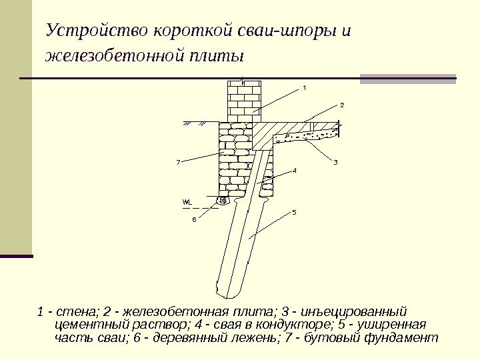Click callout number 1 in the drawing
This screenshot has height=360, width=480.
pyautogui.click(x=304, y=87)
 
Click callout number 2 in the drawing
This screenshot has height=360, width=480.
pyautogui.click(x=342, y=105)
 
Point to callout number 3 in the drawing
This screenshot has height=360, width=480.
pyautogui.click(x=335, y=162)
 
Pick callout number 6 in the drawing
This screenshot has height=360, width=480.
pyautogui.click(x=194, y=218)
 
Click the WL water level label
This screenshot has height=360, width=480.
pyautogui.click(x=187, y=201)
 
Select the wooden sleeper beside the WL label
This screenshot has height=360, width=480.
pyautogui.click(x=223, y=199)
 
